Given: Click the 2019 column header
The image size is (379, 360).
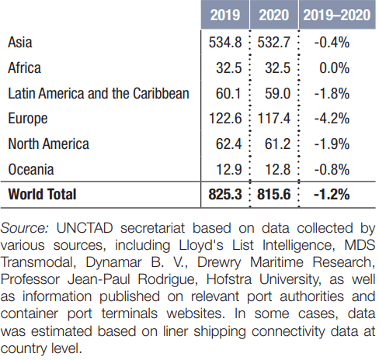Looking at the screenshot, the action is click(225, 15).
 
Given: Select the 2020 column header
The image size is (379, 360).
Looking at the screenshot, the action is click(274, 15).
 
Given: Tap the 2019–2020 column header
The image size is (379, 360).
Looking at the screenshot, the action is click(337, 15).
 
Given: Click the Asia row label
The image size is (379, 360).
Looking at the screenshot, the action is click(20, 43).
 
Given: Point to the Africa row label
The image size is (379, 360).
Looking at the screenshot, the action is click(24, 67).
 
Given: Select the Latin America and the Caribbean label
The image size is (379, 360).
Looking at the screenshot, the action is click(99, 93).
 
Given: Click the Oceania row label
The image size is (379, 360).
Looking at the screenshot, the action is click(31, 169).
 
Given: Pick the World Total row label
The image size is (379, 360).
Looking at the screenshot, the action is click(42, 194).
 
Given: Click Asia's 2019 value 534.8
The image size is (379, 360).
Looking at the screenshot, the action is click(225, 43).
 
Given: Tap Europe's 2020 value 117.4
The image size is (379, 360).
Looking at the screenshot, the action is click(274, 119).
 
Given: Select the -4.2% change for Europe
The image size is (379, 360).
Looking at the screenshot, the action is click(332, 119).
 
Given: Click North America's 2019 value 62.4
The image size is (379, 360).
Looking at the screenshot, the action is click(228, 144).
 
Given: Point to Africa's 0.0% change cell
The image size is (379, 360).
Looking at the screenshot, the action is click(334, 67).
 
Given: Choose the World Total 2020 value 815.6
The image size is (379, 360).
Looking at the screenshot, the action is click(274, 194).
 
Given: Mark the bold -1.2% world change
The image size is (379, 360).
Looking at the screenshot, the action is click(332, 194).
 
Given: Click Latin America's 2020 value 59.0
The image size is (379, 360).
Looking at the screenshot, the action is click(277, 93).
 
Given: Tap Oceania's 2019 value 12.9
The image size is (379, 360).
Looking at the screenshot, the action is click(228, 169).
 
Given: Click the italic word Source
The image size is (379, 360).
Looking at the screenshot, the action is click(25, 228).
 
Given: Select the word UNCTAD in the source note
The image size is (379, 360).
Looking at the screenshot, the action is click(85, 228).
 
